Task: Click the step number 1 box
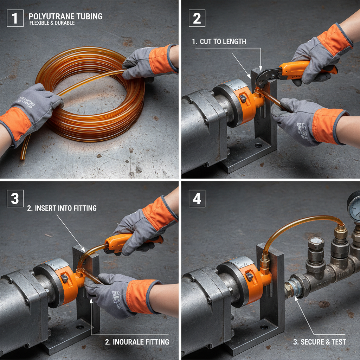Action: pyautogui.click(x=15, y=18)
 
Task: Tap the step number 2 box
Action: pyautogui.click(x=197, y=18)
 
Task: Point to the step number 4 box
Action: pyautogui.click(x=197, y=199)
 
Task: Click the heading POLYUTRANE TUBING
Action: pyautogui.click(x=65, y=16)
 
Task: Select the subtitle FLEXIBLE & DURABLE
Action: pyautogui.click(x=52, y=23)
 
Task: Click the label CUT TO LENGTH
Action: pyautogui.click(x=219, y=41)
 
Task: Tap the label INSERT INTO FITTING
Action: pyautogui.click(x=62, y=208)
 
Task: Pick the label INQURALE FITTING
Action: pyautogui.click(x=137, y=342)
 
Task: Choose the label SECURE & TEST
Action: pyautogui.click(x=320, y=342)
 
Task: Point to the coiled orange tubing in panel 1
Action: pyautogui.click(x=95, y=95)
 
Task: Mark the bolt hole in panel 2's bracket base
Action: pyautogui.click(x=258, y=145)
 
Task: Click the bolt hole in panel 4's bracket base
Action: pyautogui.click(x=264, y=327)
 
